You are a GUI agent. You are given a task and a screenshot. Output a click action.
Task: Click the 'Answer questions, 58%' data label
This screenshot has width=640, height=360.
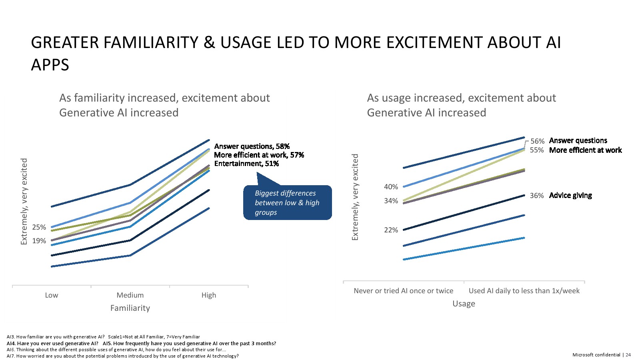252,146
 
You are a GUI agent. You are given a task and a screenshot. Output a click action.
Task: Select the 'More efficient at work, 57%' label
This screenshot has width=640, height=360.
259,155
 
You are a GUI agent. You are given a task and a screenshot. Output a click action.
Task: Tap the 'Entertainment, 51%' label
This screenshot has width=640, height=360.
246,164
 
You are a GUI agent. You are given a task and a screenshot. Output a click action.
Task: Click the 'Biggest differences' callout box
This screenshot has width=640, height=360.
287,202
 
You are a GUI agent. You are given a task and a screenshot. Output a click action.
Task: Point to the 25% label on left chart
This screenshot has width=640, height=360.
39,227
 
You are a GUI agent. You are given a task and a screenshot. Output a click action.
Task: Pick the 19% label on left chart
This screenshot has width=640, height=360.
39,241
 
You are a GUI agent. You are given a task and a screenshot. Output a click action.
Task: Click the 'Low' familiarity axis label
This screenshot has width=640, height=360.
51,295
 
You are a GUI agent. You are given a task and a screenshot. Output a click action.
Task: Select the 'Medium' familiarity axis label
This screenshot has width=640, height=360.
130,295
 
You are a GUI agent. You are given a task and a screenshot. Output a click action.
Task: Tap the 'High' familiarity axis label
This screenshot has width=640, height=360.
208,295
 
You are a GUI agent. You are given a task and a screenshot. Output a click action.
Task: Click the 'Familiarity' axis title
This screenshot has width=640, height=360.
130,308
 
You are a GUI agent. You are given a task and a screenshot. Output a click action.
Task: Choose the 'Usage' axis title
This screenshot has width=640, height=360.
464,304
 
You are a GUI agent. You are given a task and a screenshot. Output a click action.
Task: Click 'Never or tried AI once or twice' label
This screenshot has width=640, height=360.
403,291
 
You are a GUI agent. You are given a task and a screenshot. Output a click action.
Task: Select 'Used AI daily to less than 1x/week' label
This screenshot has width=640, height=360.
524,291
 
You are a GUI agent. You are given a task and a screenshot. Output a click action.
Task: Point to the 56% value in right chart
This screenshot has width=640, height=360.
537,141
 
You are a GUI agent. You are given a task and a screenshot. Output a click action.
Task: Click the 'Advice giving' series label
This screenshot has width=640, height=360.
570,195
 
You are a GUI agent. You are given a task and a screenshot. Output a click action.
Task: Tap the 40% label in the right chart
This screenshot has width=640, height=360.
391,187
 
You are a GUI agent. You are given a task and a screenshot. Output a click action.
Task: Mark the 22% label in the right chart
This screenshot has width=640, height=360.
391,230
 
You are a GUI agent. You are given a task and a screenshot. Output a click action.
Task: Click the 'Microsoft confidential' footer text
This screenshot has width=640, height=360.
596,355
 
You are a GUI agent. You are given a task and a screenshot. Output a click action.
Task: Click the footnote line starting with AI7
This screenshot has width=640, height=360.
122,356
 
